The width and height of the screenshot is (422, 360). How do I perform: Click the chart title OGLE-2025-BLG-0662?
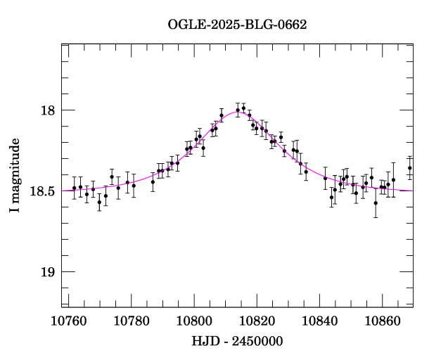coord(237,25)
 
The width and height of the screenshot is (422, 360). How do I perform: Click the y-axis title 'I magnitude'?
coord(14,176)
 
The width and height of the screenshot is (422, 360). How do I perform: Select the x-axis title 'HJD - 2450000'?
coord(237,341)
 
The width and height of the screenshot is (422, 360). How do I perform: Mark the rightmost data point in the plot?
coord(410,168)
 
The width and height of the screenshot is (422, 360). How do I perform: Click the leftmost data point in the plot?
coord(74,188)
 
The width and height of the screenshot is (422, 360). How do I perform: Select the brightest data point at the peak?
coord(243,108)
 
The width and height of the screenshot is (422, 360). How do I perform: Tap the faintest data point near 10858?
coord(376,203)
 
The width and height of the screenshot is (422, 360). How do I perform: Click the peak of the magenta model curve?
coord(238,112)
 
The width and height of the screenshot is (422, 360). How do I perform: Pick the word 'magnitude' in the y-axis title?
coord(14,168)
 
